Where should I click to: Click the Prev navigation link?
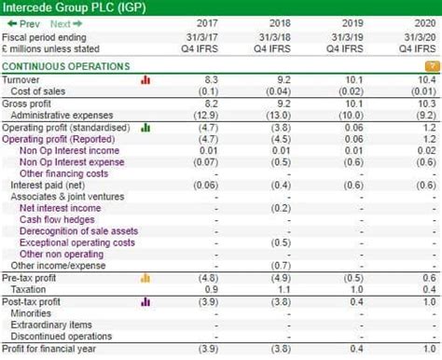point(23,23)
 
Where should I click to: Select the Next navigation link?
point(65,23)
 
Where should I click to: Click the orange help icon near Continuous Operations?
point(431,67)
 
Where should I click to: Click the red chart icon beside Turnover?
point(145,80)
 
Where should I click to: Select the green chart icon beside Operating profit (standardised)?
point(145,127)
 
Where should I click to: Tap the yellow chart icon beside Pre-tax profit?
point(145,278)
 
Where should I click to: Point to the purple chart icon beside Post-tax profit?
point(145,301)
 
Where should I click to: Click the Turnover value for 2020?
point(424,80)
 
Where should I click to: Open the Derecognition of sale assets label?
point(78,231)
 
